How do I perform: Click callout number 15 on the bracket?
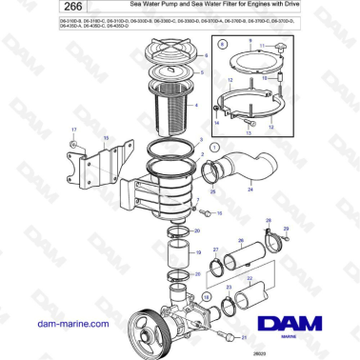pos(107,138)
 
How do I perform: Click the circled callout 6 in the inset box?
pos(221,44)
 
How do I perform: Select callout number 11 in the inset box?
pos(264,44)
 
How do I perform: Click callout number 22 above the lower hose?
pos(250,279)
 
